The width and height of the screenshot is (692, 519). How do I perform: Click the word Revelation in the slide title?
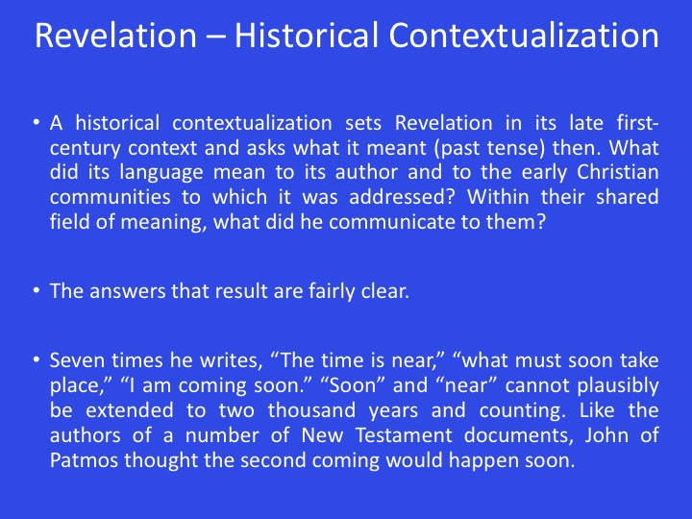click(x=115, y=35)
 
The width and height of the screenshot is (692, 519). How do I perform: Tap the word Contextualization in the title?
click(x=524, y=35)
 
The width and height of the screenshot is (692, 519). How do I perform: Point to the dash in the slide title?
click(x=216, y=37)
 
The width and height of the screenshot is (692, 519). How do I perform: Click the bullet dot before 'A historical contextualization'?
click(x=37, y=122)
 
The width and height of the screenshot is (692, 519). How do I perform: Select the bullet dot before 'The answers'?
click(x=37, y=291)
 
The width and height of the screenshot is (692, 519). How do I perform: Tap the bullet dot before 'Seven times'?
click(x=37, y=360)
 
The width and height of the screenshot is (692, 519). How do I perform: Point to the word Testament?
click(x=404, y=435)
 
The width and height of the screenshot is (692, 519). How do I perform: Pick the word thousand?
click(x=311, y=410)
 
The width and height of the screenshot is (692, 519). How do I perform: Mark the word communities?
click(x=110, y=197)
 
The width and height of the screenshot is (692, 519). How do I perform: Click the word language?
click(x=161, y=173)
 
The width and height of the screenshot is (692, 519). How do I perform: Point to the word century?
click(x=85, y=148)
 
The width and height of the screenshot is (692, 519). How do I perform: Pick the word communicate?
click(x=391, y=222)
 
